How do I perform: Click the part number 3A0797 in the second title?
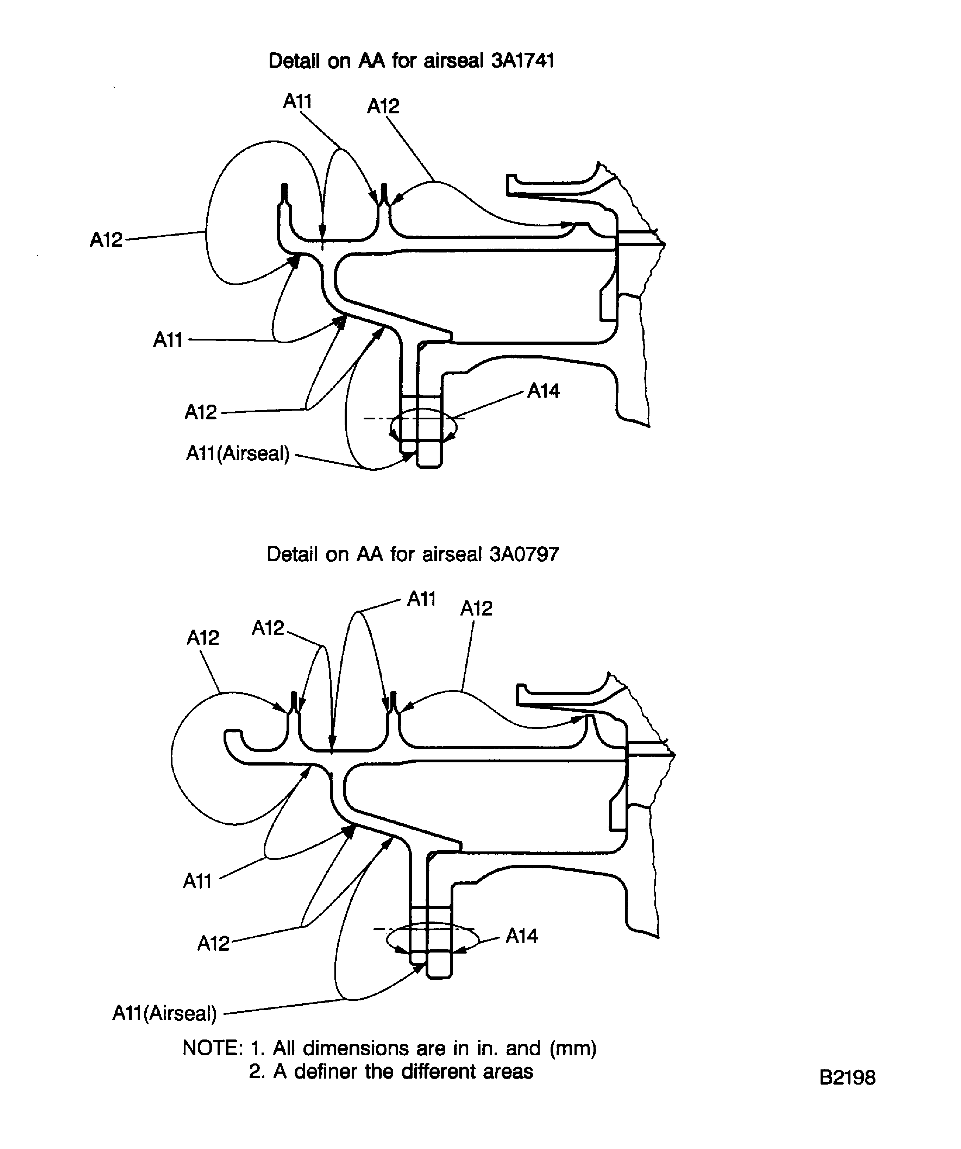pos(524,555)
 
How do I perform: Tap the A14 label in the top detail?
pos(543,391)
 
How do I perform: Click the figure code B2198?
pos(847,1077)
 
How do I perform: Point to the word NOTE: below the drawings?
pos(212,1048)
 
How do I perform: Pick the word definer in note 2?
pos(327,1071)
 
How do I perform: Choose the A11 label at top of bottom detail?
pos(421,599)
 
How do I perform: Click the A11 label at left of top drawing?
pos(167,340)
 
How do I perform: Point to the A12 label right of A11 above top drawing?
pos(383,106)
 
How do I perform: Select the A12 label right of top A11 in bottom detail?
pos(476,608)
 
